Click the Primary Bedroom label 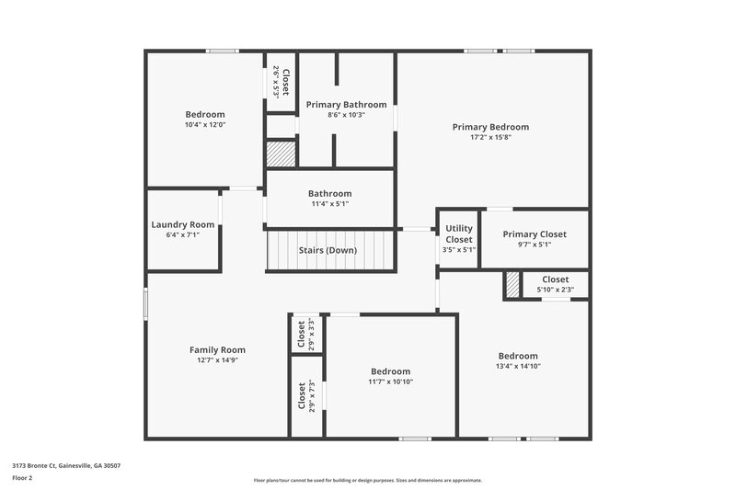click(x=490, y=127)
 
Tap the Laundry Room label click(x=182, y=224)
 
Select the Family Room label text click(x=217, y=349)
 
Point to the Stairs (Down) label click(x=328, y=250)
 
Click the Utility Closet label click(x=458, y=234)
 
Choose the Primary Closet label click(x=535, y=234)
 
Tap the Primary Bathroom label click(x=347, y=104)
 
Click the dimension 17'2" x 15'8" click(x=490, y=138)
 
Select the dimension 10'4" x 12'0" click(x=204, y=125)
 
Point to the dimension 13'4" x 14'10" click(x=518, y=366)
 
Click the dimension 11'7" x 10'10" click(x=391, y=382)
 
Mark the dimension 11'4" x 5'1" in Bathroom click(x=329, y=204)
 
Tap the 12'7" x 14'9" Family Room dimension click(x=217, y=360)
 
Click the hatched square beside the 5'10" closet click(x=512, y=285)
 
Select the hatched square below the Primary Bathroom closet click(x=281, y=154)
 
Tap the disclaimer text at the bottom click(x=367, y=480)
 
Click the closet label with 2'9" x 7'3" click(x=302, y=395)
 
